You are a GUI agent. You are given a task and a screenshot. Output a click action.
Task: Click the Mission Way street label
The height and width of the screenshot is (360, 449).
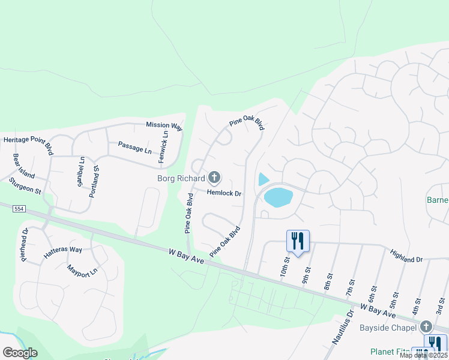pyautogui.click(x=164, y=126)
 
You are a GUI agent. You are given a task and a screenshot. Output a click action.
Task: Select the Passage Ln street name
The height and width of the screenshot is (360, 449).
pyautogui.click(x=134, y=147)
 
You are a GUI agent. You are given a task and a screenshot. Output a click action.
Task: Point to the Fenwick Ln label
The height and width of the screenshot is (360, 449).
pyautogui.click(x=163, y=147)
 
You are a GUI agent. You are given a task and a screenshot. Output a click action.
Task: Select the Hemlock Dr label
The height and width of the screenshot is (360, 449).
pyautogui.click(x=224, y=194)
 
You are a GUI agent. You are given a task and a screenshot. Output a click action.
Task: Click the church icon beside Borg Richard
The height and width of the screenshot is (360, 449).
pyautogui.click(x=214, y=178)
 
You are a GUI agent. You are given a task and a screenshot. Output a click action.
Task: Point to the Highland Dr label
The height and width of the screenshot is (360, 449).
pyautogui.click(x=406, y=256)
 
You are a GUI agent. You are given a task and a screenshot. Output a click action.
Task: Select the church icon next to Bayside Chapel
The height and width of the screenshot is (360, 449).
pyautogui.click(x=426, y=327)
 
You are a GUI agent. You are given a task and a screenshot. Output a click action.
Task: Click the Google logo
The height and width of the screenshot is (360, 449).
pyautogui.click(x=20, y=353)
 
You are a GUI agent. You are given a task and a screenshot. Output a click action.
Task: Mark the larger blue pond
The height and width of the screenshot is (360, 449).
pyautogui.click(x=278, y=197)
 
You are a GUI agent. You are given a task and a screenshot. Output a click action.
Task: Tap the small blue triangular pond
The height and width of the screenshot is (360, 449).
pyautogui.click(x=263, y=179)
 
